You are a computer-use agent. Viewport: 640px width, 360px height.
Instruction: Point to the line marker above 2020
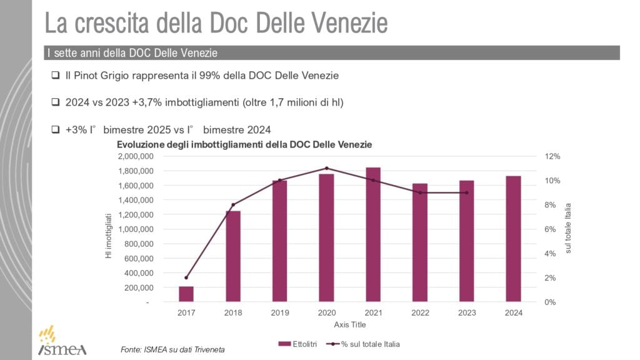point(326,168)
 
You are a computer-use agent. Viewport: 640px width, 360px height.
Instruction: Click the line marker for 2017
point(186,277)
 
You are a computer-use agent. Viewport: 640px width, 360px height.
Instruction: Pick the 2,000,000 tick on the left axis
point(136,156)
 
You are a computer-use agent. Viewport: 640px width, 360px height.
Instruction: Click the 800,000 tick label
point(139,244)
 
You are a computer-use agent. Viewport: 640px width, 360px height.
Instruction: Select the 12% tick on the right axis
point(554,156)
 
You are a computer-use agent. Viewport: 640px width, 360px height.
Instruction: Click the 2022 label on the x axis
point(420,313)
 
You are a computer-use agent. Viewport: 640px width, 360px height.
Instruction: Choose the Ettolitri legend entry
point(300,344)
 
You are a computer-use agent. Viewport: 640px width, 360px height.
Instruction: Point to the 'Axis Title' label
point(350,325)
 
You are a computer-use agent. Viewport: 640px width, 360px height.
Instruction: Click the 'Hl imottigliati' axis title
point(109,236)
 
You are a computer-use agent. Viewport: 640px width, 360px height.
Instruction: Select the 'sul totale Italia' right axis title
point(569,228)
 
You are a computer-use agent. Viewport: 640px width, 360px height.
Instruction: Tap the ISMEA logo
point(62,341)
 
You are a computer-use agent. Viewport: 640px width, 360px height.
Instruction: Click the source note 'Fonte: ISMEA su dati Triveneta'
point(172,349)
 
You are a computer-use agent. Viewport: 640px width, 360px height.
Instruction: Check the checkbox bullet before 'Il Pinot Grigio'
point(56,76)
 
